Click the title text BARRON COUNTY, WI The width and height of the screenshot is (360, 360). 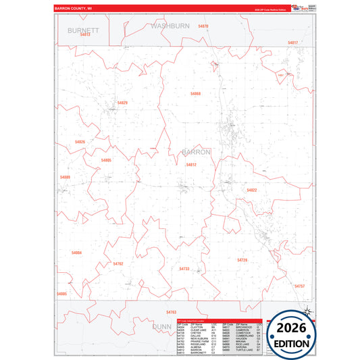point(72,8)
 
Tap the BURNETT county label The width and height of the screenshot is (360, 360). point(83,30)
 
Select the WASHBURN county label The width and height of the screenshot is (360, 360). point(170,25)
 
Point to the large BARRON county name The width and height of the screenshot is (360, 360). point(196,152)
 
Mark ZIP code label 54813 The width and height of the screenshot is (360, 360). point(85,34)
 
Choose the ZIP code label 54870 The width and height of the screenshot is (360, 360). point(203,26)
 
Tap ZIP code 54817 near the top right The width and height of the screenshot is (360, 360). point(292,43)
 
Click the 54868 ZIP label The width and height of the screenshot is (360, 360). point(195,93)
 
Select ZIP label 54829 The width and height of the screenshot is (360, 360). point(122,103)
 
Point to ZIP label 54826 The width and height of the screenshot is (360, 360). point(80,142)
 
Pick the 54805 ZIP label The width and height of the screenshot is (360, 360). point(106,160)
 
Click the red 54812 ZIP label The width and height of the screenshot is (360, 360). point(191,164)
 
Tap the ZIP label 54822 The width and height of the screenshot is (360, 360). point(252,190)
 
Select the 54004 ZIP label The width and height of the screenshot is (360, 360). point(76,253)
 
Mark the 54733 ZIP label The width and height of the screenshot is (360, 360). point(184,269)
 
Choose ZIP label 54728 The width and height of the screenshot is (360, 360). point(242,259)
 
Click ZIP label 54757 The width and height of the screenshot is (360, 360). point(300,286)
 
